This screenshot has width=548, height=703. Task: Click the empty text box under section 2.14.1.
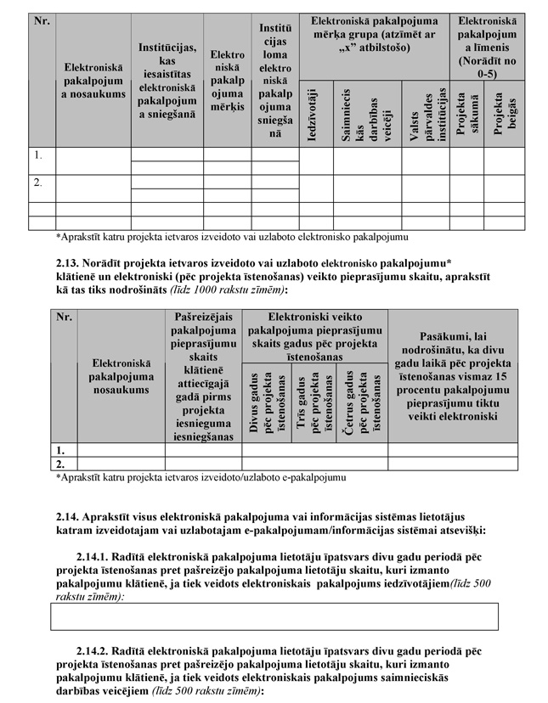click(x=274, y=616)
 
